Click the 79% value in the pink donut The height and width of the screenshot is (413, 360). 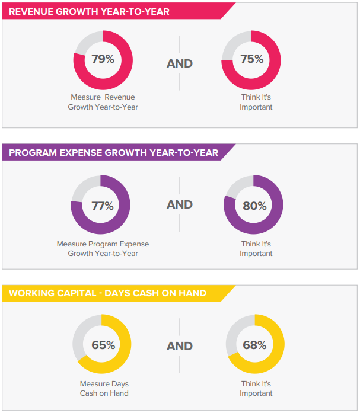coord(103,59)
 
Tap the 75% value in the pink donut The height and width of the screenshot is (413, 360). coord(251,59)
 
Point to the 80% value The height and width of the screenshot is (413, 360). coord(254,206)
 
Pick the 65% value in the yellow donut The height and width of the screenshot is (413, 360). coord(103,345)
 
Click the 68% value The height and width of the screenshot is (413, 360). coord(254,345)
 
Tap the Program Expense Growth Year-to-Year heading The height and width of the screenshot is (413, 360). coord(113,153)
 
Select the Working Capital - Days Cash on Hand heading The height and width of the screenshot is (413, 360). coord(107,293)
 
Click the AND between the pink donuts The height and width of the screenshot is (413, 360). coord(180,63)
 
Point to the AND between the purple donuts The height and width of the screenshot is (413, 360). coord(180,204)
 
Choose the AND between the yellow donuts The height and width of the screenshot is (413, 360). coord(180,345)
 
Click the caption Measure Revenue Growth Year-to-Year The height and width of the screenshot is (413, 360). coord(103,102)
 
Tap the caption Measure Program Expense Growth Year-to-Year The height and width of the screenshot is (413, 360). coord(103,248)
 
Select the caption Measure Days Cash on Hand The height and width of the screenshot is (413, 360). coord(104,388)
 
